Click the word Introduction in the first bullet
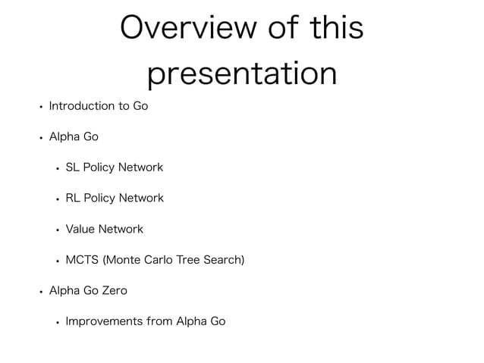click(81, 106)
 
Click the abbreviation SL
click(73, 167)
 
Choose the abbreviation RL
click(73, 199)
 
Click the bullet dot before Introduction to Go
click(41, 107)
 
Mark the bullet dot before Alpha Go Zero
click(41, 291)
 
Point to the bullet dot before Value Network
click(58, 230)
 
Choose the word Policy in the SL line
click(98, 167)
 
